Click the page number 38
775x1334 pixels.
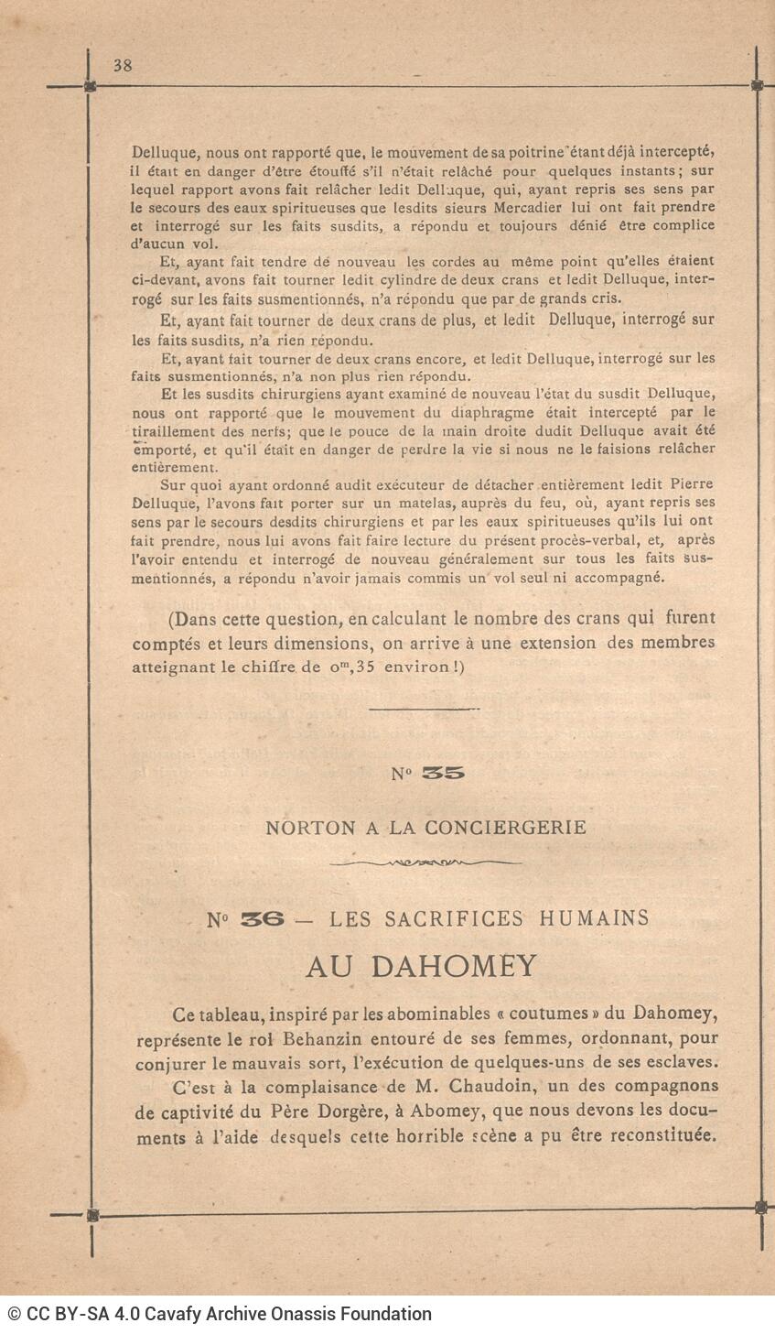click(123, 65)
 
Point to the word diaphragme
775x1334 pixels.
click(452, 411)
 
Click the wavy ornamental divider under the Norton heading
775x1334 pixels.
click(425, 862)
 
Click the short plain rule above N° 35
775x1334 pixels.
click(424, 709)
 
